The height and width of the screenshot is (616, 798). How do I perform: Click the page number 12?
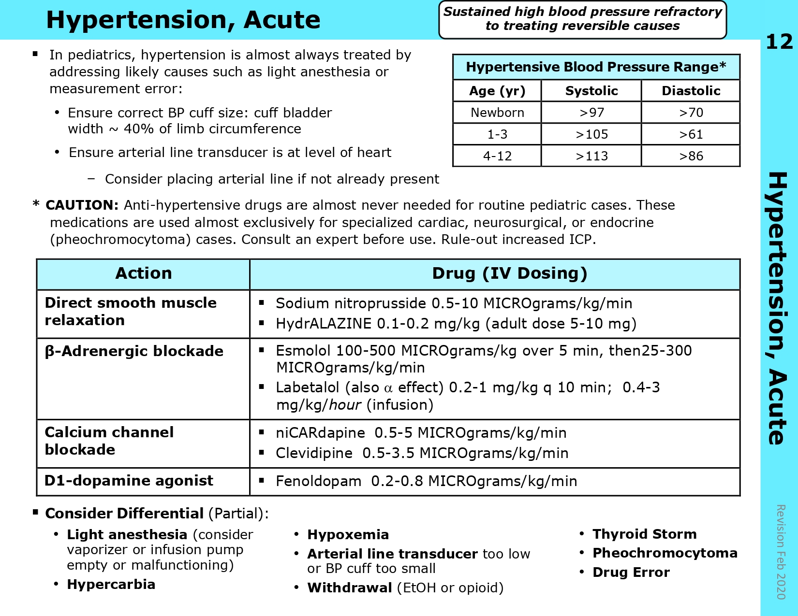click(779, 42)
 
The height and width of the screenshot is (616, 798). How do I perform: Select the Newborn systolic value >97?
click(591, 113)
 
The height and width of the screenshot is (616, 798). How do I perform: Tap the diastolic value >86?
click(691, 156)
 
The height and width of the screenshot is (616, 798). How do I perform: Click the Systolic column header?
click(591, 91)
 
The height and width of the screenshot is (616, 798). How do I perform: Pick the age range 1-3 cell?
click(497, 134)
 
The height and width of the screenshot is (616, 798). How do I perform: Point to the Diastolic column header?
click(691, 91)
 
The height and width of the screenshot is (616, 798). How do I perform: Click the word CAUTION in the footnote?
click(82, 205)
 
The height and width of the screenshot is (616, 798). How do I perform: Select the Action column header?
click(143, 273)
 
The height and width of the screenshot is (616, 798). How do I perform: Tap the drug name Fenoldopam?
click(318, 481)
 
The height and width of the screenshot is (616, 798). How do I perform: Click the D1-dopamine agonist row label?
click(129, 481)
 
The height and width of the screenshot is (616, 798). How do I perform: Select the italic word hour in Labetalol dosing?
click(345, 405)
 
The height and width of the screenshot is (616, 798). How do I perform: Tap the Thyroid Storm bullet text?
click(644, 534)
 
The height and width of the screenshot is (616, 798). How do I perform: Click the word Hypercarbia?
click(111, 584)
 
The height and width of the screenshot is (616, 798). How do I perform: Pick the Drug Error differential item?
click(631, 572)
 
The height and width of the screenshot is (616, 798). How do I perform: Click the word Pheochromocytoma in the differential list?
click(665, 553)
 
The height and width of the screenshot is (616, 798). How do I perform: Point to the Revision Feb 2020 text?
click(780, 552)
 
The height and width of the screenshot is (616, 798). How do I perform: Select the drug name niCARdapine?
click(320, 433)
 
